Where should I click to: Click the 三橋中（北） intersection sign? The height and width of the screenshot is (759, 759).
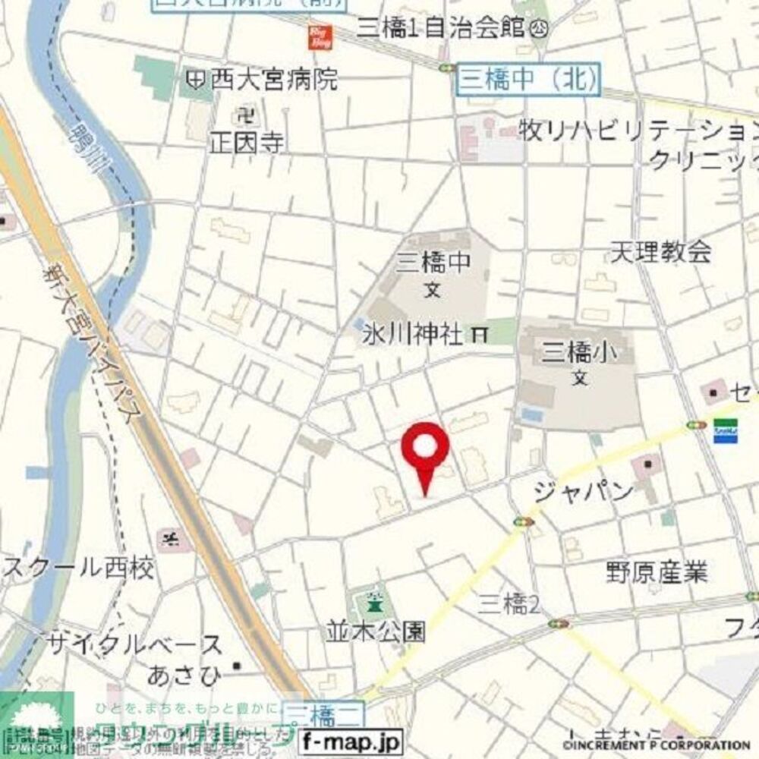[528, 80]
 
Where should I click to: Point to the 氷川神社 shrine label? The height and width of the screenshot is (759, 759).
[410, 335]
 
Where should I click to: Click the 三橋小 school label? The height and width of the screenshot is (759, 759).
[578, 352]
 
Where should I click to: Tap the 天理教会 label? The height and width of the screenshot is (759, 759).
[661, 251]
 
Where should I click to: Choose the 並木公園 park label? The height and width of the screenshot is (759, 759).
[375, 631]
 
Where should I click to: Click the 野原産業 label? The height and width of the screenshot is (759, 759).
[657, 571]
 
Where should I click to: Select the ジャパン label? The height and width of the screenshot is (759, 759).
[583, 492]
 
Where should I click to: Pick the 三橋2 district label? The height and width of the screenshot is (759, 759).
[509, 605]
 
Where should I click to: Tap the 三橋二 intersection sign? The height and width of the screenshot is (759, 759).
[323, 713]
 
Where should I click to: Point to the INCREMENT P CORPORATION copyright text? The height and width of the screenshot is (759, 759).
[656, 745]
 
